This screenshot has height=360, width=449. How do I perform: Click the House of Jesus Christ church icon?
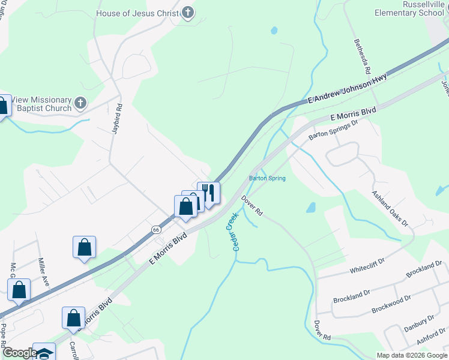pos(188,13)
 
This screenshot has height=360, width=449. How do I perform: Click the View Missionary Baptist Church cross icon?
pos(80,104)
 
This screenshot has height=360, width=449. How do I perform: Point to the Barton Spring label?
pos(267,178)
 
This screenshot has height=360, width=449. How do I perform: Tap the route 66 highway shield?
pos(156,229)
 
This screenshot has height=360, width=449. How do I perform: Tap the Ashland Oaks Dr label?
pos(390,209)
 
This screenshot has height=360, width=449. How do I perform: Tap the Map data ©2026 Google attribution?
pos(412,355)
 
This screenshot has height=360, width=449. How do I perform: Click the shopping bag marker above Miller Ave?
pos(84,247)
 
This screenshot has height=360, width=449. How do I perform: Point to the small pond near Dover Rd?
pos(310,208)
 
